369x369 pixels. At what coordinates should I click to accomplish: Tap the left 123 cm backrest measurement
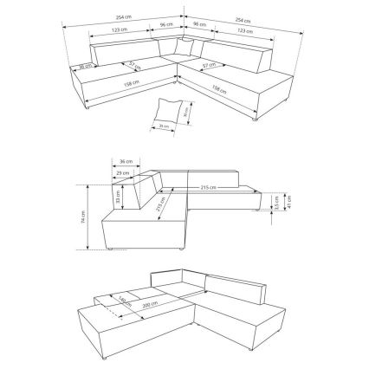pyautogui.click(x=121, y=31)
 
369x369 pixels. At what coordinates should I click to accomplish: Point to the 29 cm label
pyautogui.click(x=121, y=173)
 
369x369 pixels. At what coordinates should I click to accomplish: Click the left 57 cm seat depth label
pyautogui.click(x=133, y=63)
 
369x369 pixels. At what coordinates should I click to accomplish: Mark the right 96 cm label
pyautogui.click(x=200, y=23)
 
